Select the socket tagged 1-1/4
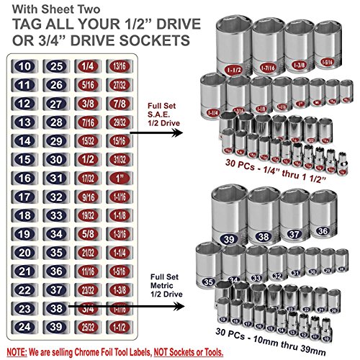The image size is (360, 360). pyautogui.click(x=212, y=94)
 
